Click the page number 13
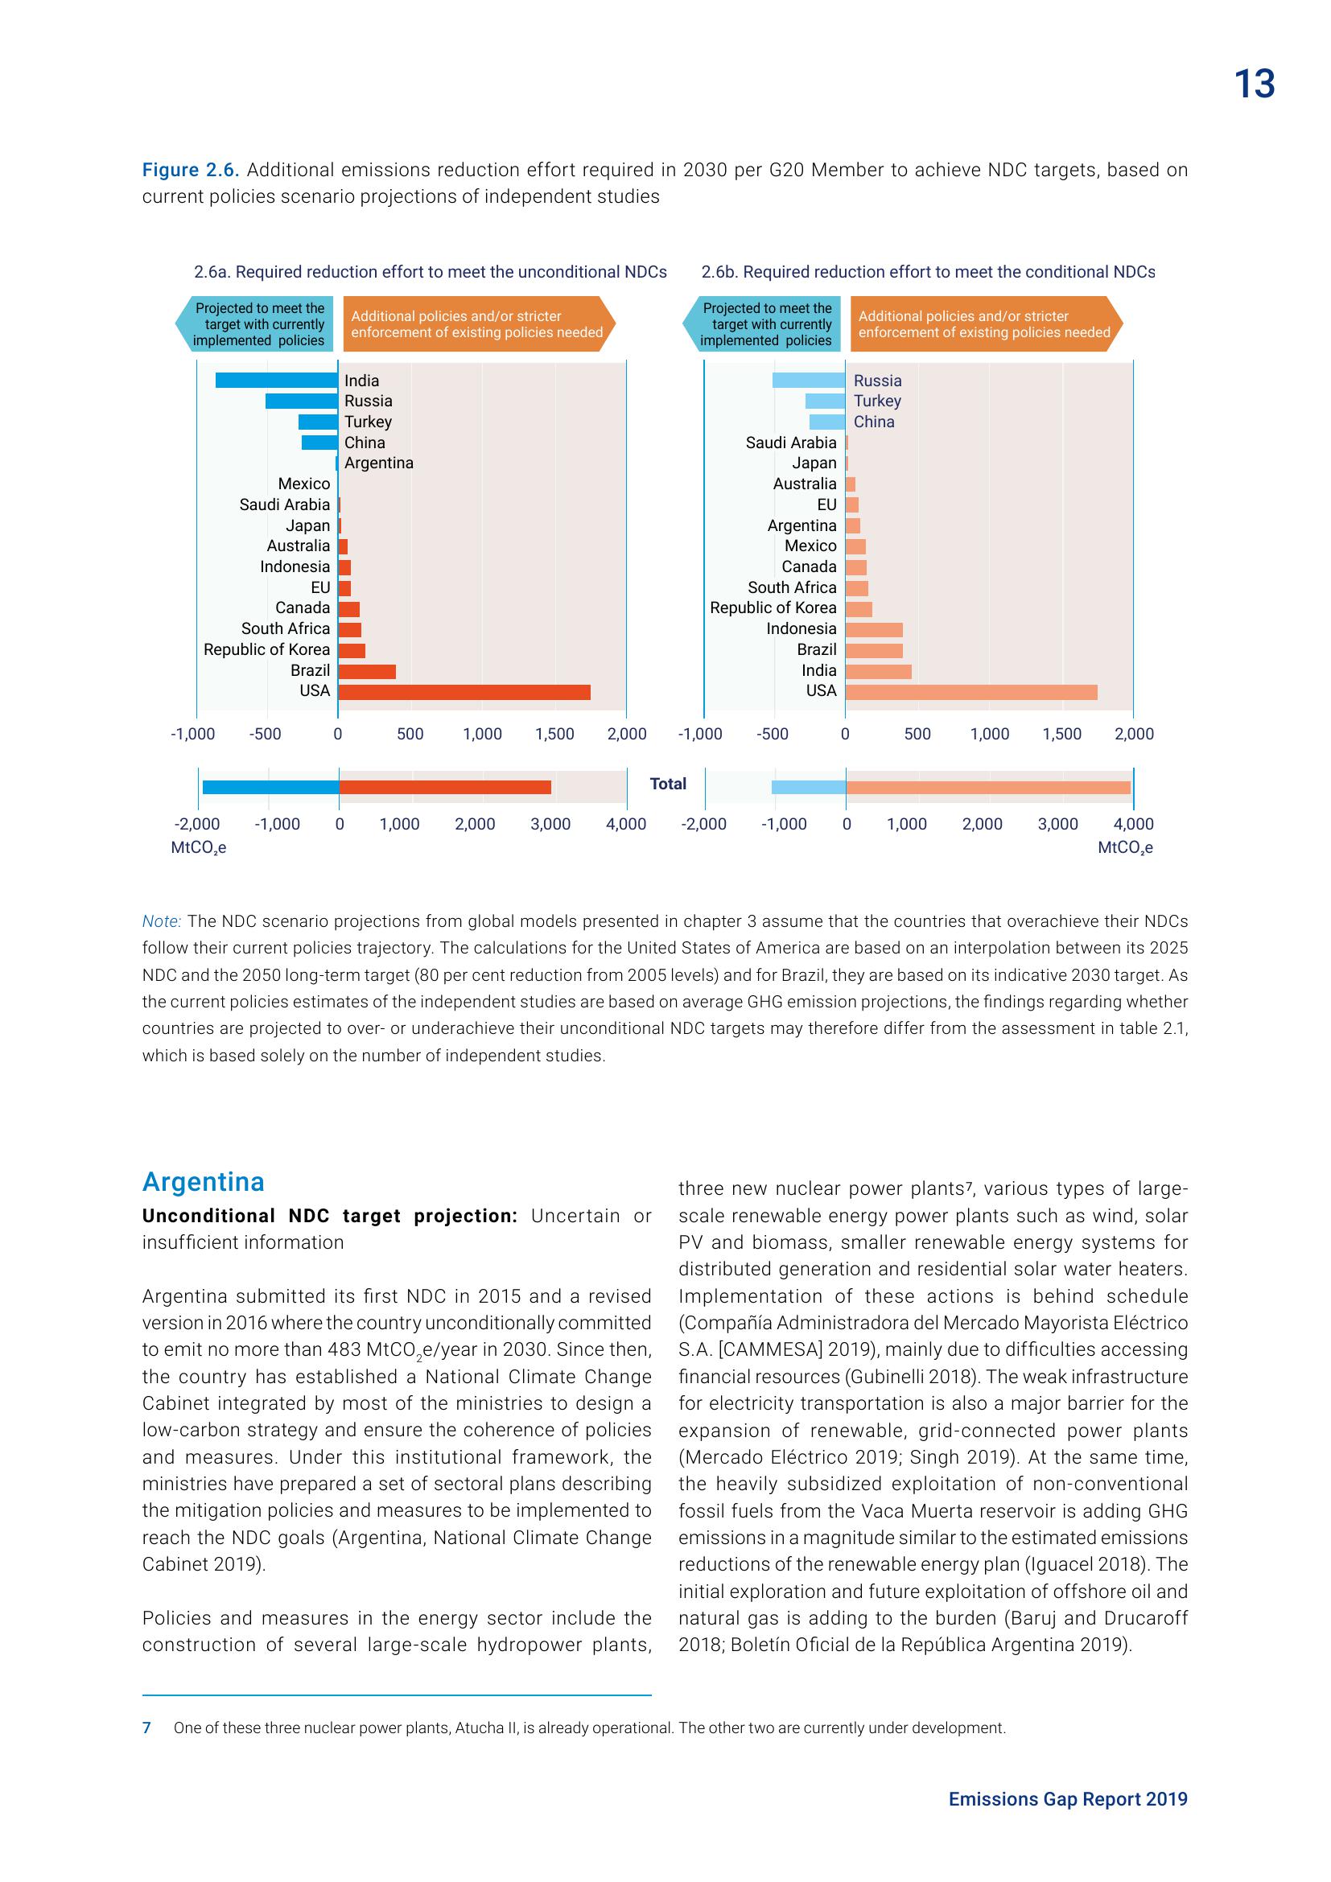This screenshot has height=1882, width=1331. (1254, 84)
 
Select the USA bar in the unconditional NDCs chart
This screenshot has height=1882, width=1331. (464, 693)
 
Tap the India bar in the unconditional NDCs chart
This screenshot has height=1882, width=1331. (276, 381)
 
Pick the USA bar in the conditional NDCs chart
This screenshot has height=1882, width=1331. (971, 693)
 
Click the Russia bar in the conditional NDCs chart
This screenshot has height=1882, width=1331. (808, 381)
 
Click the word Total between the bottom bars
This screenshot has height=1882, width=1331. (668, 784)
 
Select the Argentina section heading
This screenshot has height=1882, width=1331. (204, 1182)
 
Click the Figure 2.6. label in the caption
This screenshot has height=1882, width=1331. (190, 170)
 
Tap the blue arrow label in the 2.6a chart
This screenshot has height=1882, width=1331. (257, 324)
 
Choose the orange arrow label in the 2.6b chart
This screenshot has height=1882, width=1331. (984, 324)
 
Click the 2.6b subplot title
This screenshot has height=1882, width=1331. (928, 272)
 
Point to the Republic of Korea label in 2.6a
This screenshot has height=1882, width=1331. (266, 649)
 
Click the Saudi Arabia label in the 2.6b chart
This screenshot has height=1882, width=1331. (791, 443)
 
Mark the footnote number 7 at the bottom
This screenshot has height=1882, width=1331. (146, 1728)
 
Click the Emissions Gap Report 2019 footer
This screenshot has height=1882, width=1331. (1068, 1799)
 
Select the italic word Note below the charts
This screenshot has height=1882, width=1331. (162, 921)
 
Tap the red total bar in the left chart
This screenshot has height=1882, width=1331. (445, 788)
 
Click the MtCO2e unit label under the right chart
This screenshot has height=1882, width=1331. (1125, 847)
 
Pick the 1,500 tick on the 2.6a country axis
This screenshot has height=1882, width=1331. (555, 735)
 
